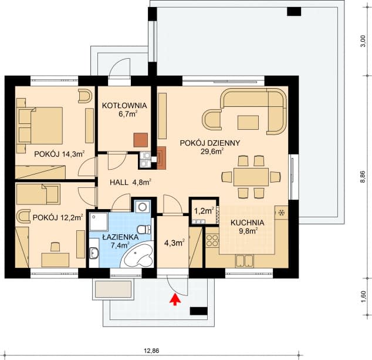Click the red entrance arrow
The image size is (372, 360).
coord(175,299)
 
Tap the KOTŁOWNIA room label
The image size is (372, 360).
coord(124,106)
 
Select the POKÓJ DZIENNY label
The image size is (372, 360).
coord(210,143)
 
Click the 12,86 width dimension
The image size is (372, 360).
coord(151,351)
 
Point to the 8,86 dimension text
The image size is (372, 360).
coord(363,176)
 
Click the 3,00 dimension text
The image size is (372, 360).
coord(363,41)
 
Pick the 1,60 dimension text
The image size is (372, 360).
coord(363,297)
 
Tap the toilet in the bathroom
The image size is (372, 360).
coord(144,230)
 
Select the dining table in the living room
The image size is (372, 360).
coord(251,177)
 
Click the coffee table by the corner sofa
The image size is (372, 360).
coord(248,122)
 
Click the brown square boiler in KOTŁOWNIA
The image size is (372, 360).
coord(141,140)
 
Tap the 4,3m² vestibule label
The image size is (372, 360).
coord(175,243)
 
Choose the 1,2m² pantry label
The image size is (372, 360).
coord(204,211)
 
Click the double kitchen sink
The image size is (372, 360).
coord(244,261)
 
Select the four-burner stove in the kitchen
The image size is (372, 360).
coord(212,240)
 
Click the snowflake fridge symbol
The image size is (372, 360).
coord(282,213)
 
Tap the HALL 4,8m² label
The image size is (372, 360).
coord(131,182)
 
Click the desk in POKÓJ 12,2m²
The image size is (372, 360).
coord(55,260)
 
